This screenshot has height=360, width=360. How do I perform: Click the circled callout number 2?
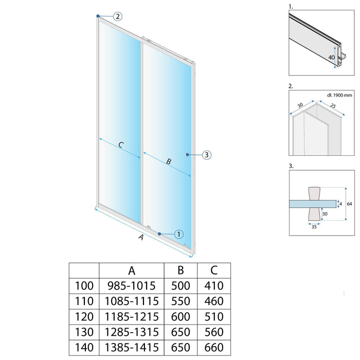[x=118, y=16]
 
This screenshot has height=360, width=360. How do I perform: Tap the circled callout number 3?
[x=206, y=154]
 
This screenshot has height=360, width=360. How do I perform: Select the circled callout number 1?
[x=178, y=234]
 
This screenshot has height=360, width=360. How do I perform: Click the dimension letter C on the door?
[x=120, y=146]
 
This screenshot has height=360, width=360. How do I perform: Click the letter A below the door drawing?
[x=140, y=238]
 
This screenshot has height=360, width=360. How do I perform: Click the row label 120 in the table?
[x=84, y=315]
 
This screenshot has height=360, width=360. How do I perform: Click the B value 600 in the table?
[x=179, y=315]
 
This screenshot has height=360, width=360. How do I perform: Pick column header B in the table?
[x=179, y=271]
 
